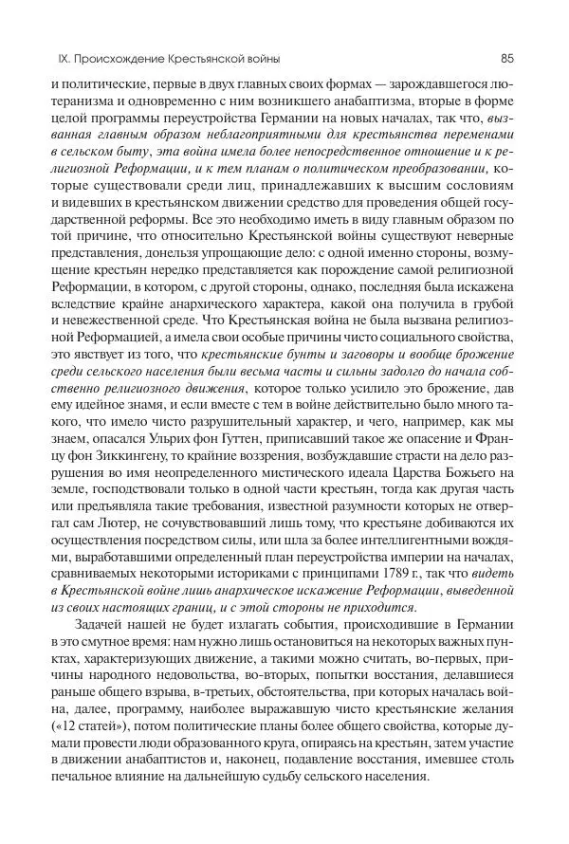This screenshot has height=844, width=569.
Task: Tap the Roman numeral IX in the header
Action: point(38,58)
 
